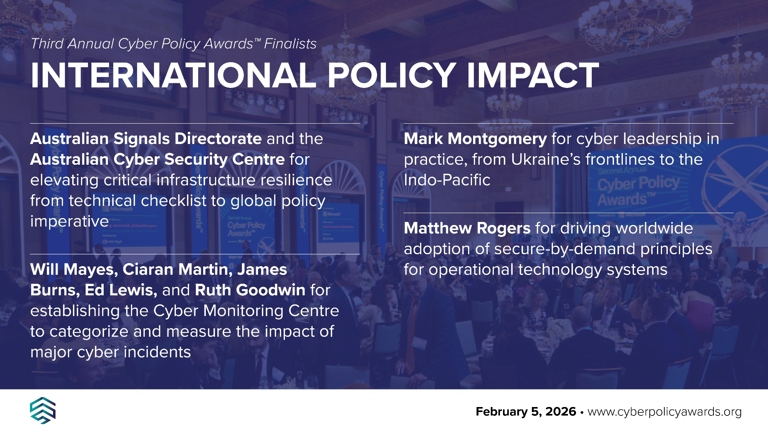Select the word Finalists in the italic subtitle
[x=290, y=44]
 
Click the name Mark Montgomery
[x=475, y=139]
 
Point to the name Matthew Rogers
[x=467, y=228]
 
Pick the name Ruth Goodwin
[x=250, y=290]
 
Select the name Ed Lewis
[x=121, y=290]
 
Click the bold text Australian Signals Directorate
[x=146, y=139]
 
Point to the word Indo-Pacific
[x=447, y=180]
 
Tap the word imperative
[x=70, y=222]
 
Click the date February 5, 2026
[x=526, y=412]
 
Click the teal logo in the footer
[x=43, y=410]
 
